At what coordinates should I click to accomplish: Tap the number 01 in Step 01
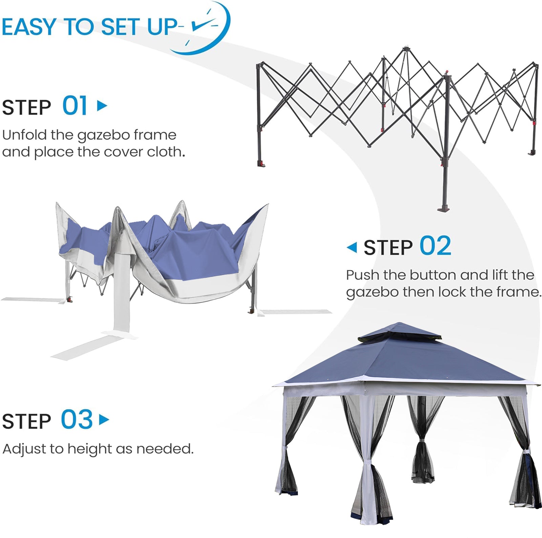[x=75, y=106]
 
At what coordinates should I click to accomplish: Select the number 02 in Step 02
[x=435, y=246]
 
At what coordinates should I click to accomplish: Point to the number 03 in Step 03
[x=77, y=420]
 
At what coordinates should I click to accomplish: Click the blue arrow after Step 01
[x=102, y=106]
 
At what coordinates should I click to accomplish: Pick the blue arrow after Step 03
[x=104, y=420]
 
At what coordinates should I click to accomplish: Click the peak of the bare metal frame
[x=405, y=50]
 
